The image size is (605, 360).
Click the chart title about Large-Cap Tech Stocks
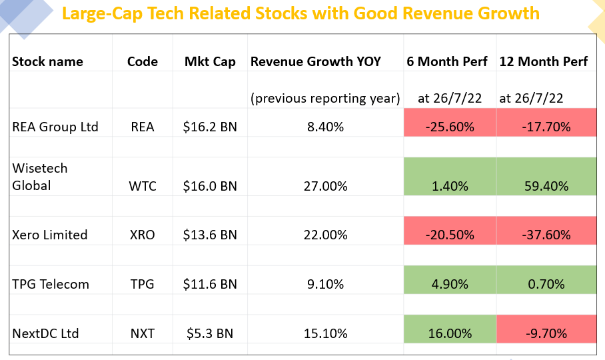coord(301,13)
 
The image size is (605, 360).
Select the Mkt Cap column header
coord(210,61)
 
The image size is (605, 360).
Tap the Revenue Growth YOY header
coord(316,61)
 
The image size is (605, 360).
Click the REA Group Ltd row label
coord(55,127)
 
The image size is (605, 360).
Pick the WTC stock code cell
coord(143,186)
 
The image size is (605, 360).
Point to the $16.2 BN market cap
coord(210,127)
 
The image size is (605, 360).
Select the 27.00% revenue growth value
coord(325,186)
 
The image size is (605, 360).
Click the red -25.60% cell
coord(450,127)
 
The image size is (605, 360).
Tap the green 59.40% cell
coord(546,186)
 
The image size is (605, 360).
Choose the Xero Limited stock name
coord(50,235)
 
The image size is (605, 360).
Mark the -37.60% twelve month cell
coord(546,235)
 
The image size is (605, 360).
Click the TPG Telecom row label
coord(51,284)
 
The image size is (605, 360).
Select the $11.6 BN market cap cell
coord(210,284)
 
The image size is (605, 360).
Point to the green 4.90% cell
coord(450,284)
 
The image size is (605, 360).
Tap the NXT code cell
coord(143,333)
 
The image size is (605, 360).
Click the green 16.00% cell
coord(450,333)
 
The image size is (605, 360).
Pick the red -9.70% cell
coord(546,333)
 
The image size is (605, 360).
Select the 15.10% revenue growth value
coord(325,333)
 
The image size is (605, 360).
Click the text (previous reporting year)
coord(325,98)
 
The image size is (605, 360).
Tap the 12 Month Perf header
coord(544,61)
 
